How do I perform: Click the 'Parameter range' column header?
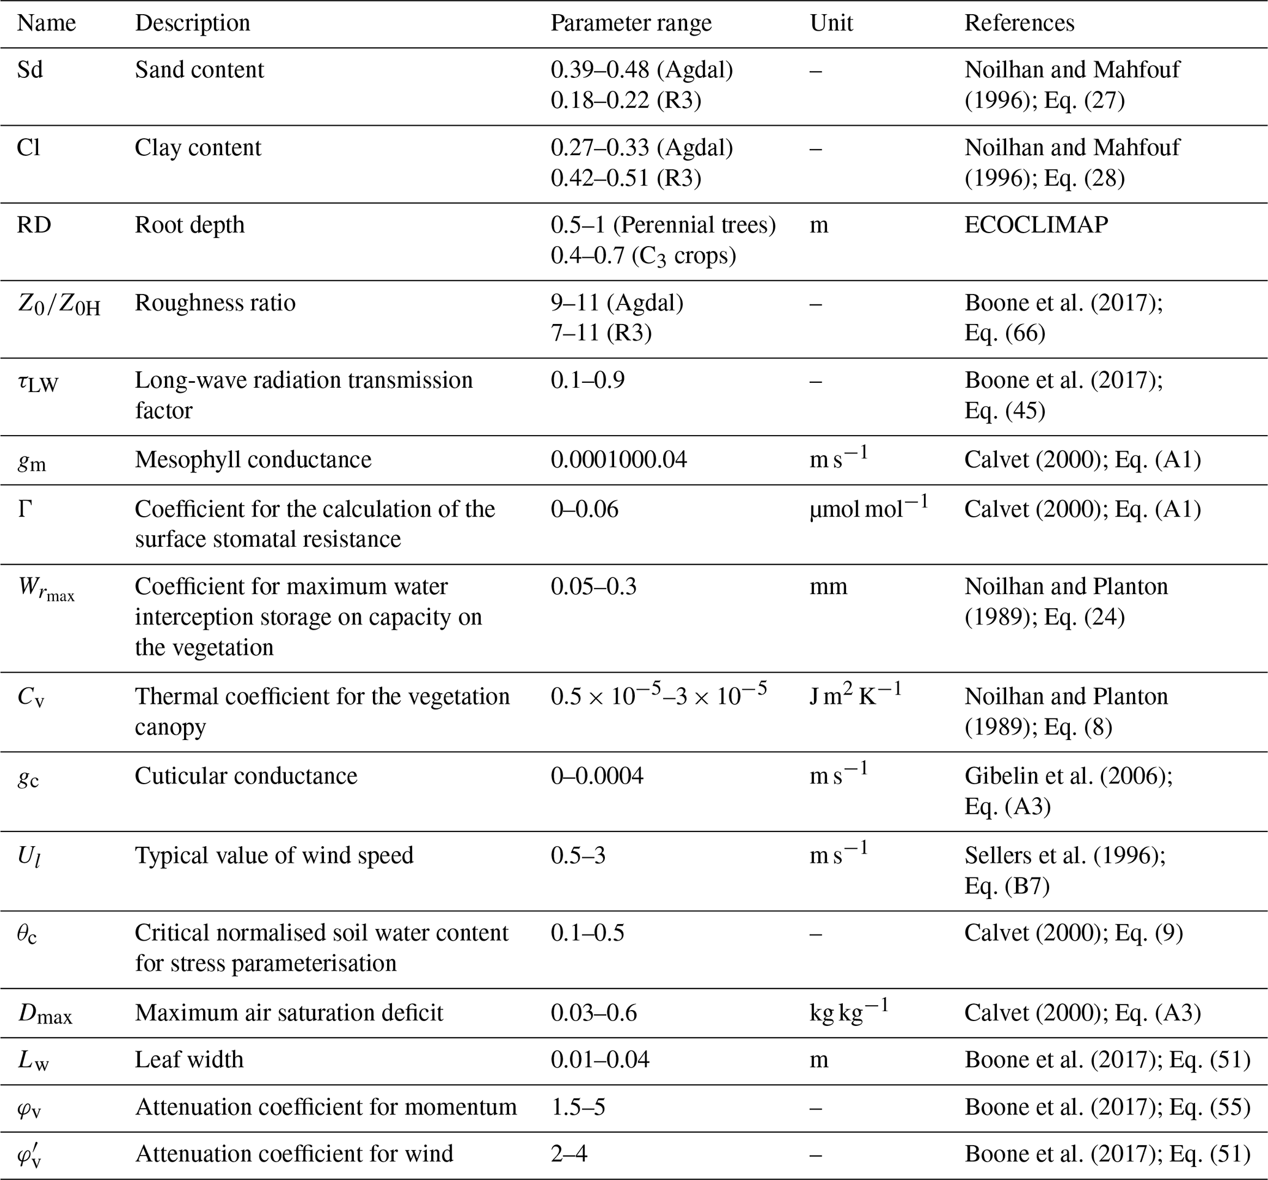630,23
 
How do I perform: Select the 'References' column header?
1018,23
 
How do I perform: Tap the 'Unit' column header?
831,23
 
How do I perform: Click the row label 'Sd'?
29,69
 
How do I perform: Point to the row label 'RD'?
33,225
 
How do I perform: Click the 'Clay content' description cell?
198,148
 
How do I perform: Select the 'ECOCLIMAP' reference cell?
1036,225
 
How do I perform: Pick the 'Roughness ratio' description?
215,303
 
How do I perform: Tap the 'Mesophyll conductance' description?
253,460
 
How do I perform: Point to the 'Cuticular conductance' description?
245,776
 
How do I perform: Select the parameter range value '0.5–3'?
578,855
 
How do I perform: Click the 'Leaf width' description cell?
189,1060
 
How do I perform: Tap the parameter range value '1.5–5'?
578,1106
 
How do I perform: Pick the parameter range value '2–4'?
569,1154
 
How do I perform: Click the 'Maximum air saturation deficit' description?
288,1013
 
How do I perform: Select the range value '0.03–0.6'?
593,1013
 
